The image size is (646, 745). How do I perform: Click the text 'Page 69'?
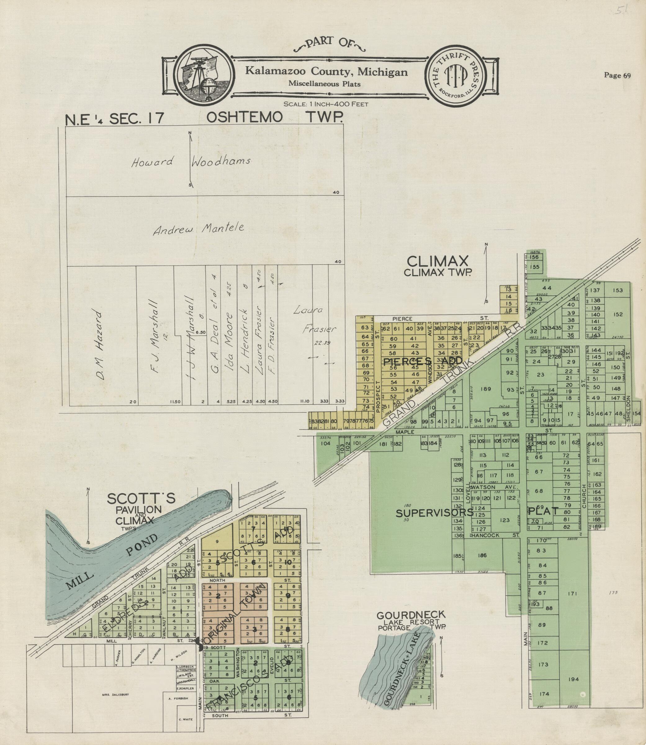(x=617, y=75)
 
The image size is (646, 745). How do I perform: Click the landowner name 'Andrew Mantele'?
(x=198, y=228)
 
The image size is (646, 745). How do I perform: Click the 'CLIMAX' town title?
(x=437, y=261)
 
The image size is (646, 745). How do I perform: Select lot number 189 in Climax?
(x=486, y=389)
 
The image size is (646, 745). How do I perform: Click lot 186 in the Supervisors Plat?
(x=482, y=555)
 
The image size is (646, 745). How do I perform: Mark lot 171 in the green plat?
(x=572, y=594)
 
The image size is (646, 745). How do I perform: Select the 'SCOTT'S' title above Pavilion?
(x=141, y=498)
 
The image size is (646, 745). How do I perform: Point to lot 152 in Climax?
(x=617, y=314)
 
